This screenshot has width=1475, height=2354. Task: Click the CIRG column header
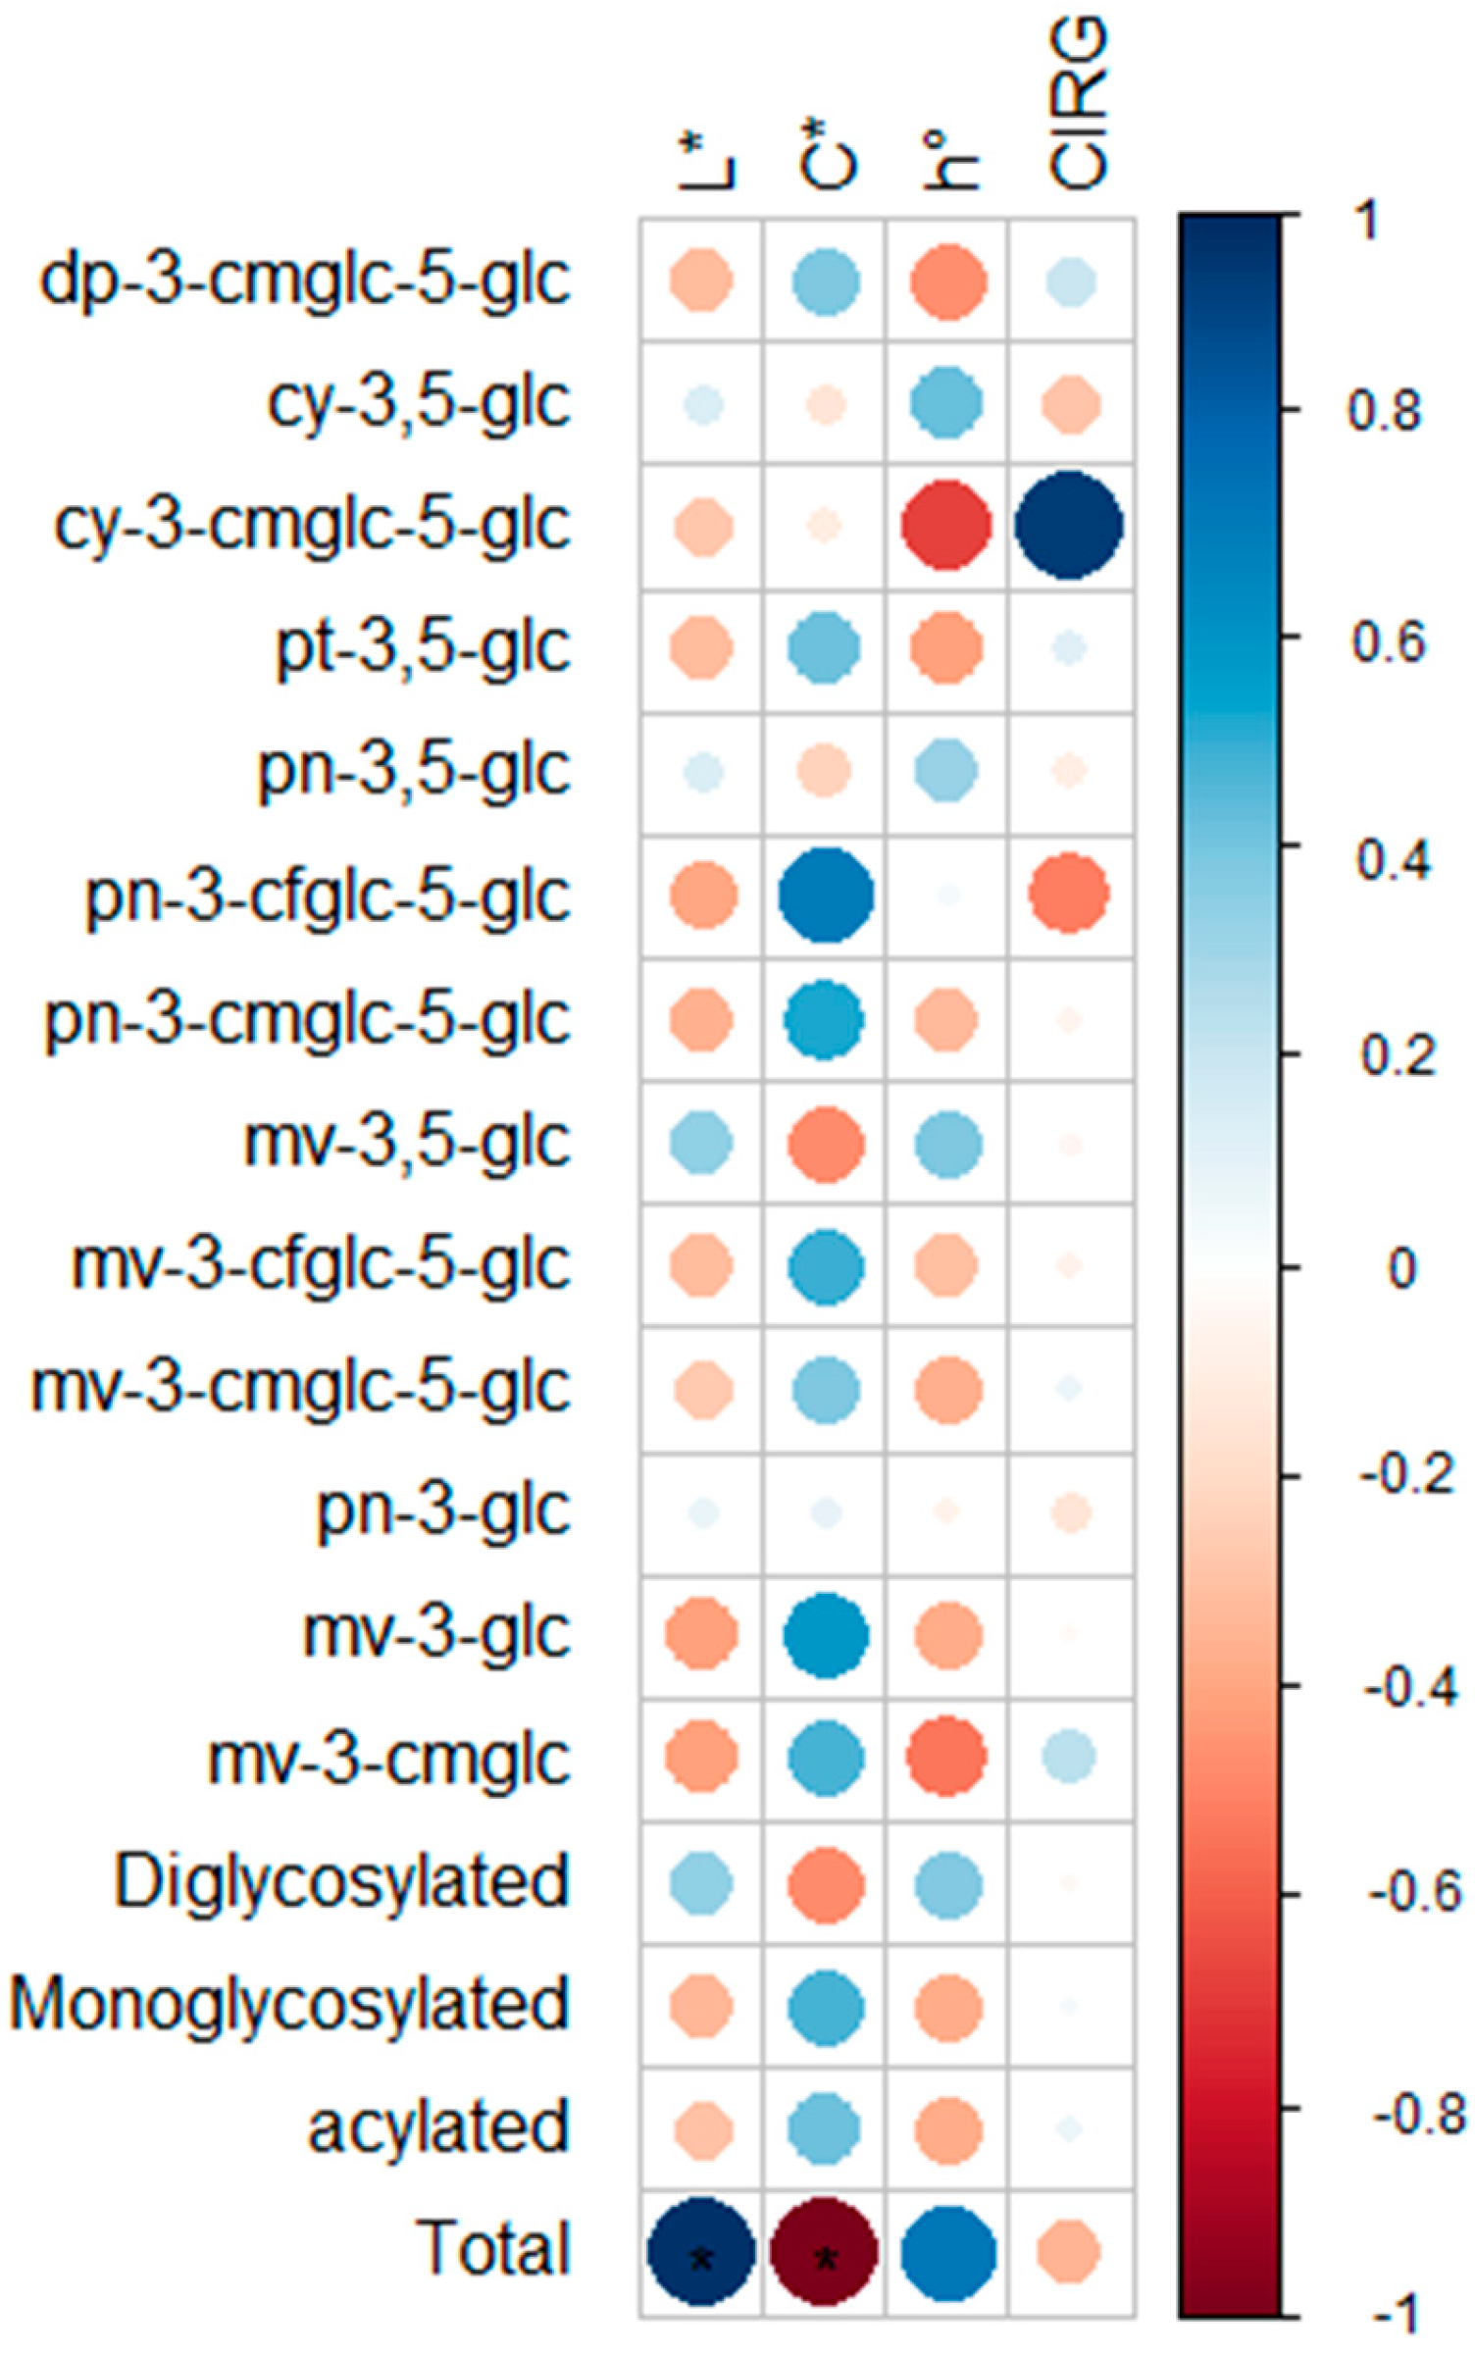[1076, 103]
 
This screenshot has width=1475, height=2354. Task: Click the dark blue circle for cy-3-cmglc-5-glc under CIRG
[1069, 525]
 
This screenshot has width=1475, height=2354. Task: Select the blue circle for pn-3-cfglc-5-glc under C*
[825, 895]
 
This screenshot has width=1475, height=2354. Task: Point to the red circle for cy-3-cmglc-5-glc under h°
[946, 525]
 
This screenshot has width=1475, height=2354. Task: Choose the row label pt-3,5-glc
[423, 648]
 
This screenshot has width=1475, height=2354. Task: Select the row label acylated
[438, 2126]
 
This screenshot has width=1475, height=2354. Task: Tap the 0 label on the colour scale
[1401, 1267]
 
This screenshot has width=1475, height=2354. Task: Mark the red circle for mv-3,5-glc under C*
[825, 1144]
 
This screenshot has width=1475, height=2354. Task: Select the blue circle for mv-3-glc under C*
[826, 1635]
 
